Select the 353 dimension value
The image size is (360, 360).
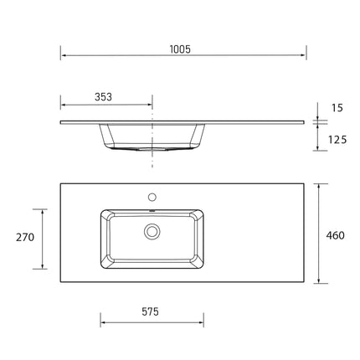(104, 97)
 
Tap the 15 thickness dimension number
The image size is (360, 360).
(337, 108)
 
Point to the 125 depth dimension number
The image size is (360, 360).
(337, 140)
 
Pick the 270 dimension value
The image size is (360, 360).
(25, 238)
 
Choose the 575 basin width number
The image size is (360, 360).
(151, 311)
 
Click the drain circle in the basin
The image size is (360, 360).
(152, 230)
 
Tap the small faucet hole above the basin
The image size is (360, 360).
(152, 197)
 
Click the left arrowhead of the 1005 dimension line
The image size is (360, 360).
(63, 57)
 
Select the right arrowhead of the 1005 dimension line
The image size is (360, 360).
(302, 57)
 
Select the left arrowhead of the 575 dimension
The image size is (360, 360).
(103, 321)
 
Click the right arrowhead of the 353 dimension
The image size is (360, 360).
(150, 106)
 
